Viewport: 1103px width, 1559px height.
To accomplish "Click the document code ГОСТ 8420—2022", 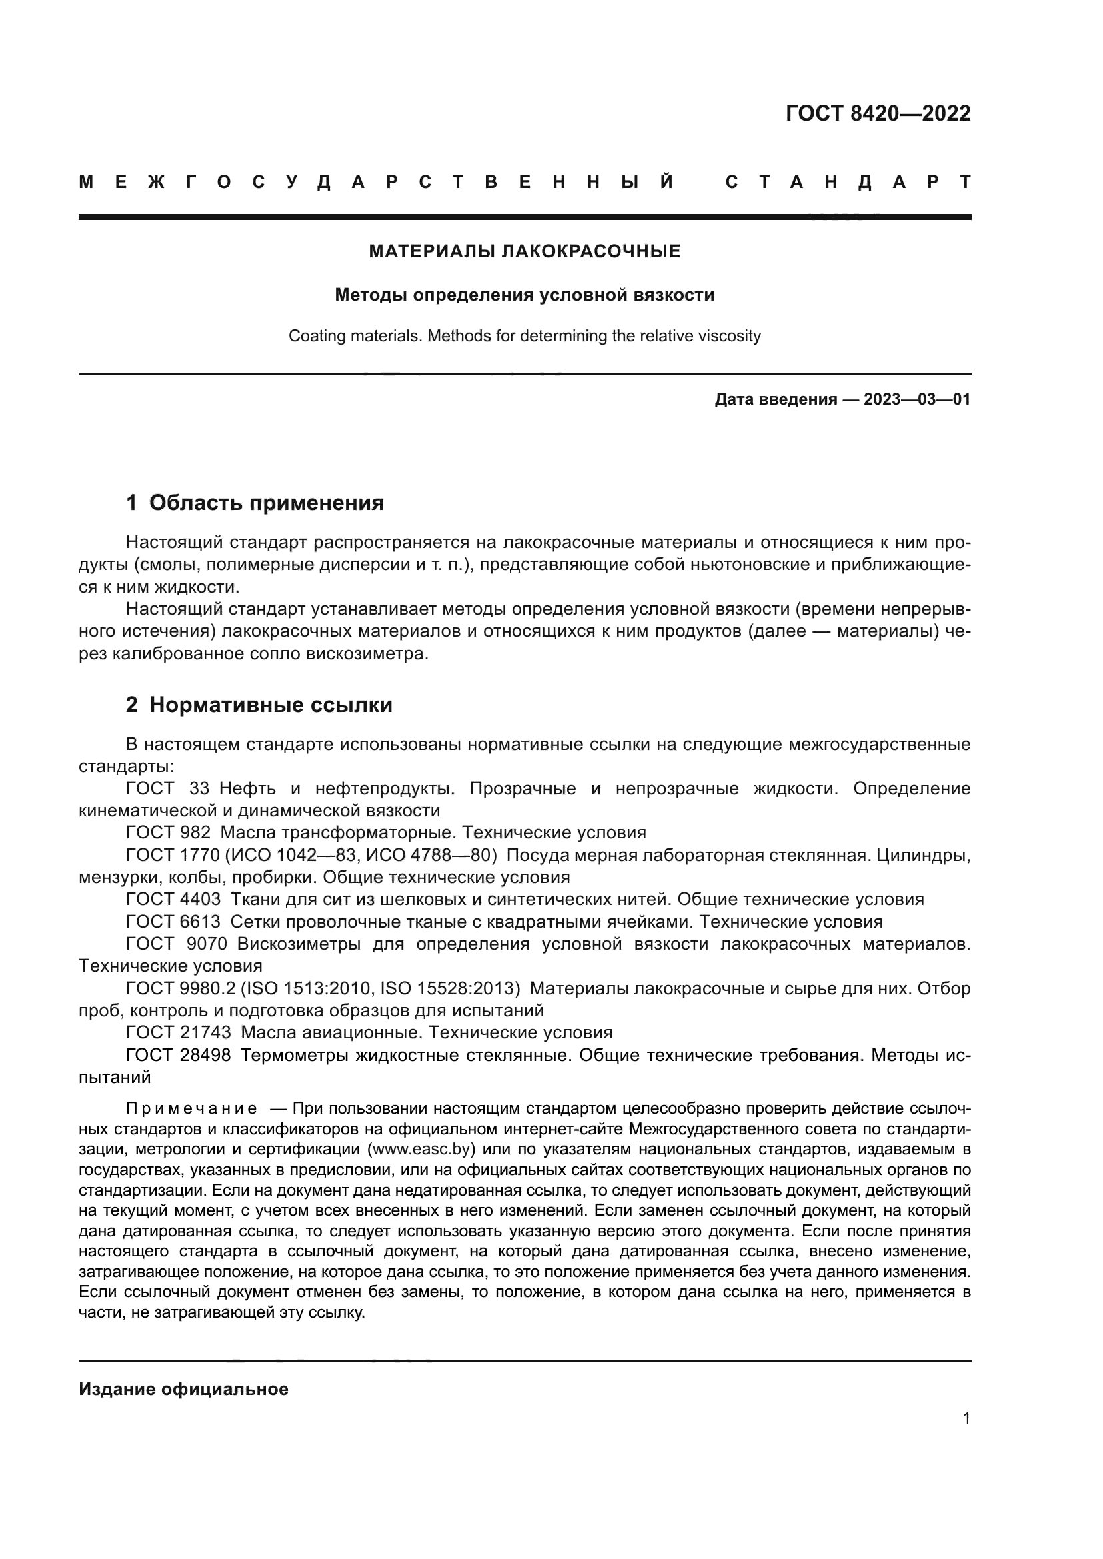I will (878, 113).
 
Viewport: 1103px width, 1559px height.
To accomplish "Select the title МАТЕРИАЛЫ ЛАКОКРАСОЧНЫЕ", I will (524, 252).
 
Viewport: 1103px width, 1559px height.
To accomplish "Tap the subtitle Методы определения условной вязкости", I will (524, 295).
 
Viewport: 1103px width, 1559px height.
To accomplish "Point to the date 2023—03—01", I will (916, 399).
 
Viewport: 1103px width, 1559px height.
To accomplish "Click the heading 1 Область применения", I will (255, 503).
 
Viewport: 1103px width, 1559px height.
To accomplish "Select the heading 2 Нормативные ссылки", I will (259, 705).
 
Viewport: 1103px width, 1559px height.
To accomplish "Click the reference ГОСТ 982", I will (168, 833).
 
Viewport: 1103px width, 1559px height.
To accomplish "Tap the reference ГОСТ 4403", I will (173, 900).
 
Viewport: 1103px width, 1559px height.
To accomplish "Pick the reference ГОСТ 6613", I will (173, 922).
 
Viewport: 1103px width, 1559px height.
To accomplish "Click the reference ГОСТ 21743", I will (178, 1032).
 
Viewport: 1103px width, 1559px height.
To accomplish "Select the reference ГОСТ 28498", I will (178, 1056).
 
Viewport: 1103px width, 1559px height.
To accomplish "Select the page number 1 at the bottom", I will (966, 1418).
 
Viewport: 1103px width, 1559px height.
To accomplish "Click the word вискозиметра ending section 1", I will (365, 655).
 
